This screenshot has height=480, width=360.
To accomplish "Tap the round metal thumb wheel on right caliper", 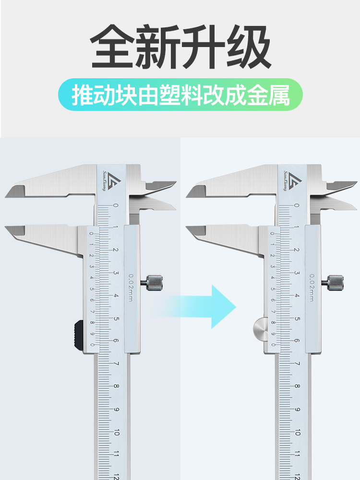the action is coord(260,330).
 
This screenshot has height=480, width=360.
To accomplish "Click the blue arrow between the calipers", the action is coord(199,307).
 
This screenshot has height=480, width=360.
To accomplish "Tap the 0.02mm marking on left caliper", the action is coord(131,288).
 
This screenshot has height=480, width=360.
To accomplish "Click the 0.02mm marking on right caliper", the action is coord(312,288).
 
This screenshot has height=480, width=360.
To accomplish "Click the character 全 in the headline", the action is coord(112,47).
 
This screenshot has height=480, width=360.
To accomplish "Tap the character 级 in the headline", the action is coord(249,47).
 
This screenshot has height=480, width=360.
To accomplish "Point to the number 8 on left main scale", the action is coord(116,386).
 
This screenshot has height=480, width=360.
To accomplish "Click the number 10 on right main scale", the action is coord(297,432).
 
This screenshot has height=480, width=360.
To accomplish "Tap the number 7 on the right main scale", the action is coord(297,363).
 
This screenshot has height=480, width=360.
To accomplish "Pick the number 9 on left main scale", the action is coord(116,409).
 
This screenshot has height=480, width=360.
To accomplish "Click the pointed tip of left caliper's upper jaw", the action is coord(5,196).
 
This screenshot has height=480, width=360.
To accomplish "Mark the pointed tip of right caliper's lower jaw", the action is coord(186,227).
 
